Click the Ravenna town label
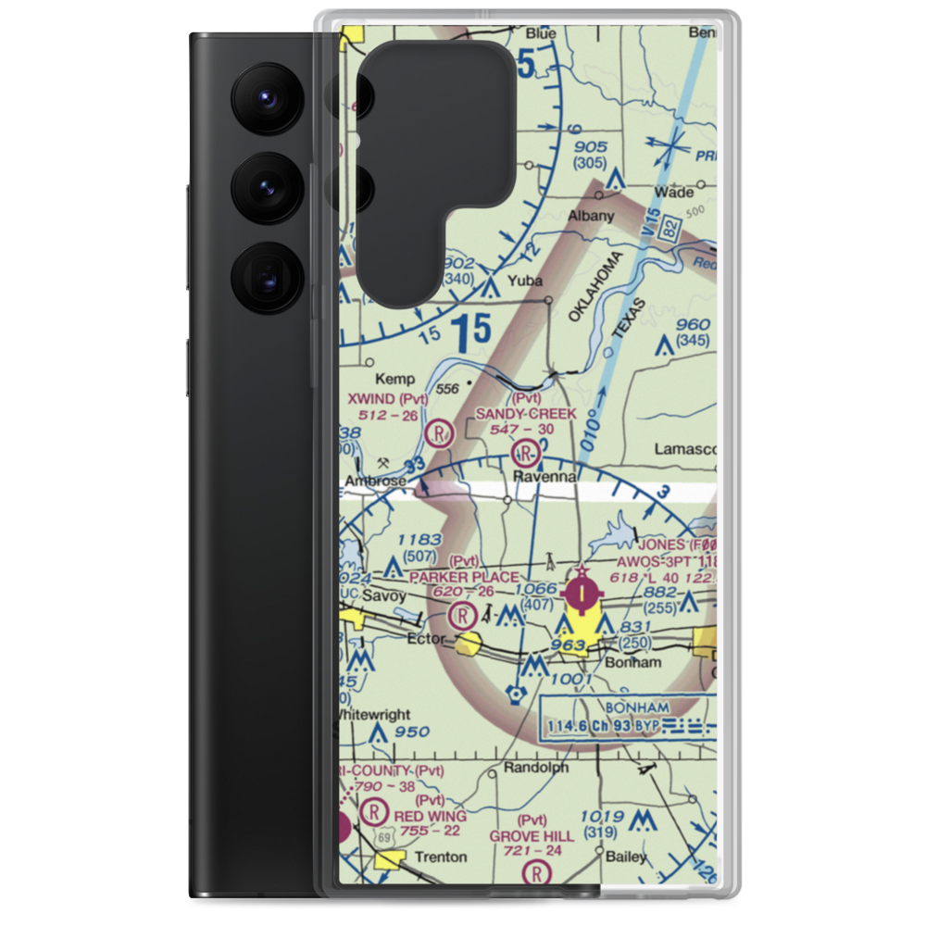click(546, 476)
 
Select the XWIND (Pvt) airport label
click(387, 398)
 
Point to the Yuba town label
click(524, 282)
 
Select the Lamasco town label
click(685, 449)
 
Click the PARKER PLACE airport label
click(464, 577)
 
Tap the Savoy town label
click(380, 595)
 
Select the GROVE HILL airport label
click(532, 835)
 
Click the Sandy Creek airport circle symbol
click(526, 453)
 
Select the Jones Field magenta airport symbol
click(580, 593)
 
